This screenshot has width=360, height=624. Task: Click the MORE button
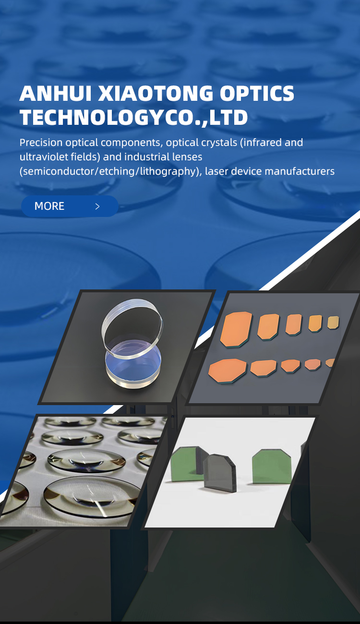[70, 206]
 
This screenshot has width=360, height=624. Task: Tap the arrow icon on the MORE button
[97, 206]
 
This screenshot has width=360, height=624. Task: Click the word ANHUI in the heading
[56, 93]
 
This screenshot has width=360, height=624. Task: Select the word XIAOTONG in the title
[156, 93]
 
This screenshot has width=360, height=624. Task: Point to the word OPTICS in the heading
[257, 93]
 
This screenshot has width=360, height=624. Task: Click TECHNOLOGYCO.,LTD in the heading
[134, 118]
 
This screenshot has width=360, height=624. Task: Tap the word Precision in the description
[41, 143]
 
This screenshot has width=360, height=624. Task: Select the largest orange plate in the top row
[236, 330]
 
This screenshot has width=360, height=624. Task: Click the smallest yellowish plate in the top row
[333, 323]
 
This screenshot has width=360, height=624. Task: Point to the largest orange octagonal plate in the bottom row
[228, 371]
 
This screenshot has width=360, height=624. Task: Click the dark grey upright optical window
[220, 472]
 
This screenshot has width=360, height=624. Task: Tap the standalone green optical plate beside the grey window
[272, 467]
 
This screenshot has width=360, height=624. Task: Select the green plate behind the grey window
[186, 464]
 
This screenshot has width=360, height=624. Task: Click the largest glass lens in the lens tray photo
[92, 496]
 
